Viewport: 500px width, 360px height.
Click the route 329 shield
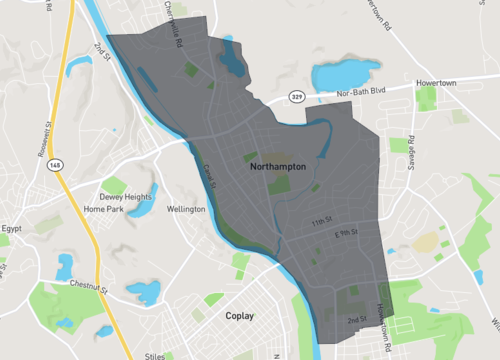click(297, 97)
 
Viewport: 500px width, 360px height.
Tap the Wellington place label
click(185, 209)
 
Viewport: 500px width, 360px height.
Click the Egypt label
click(10, 229)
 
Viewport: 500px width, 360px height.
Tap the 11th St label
click(319, 221)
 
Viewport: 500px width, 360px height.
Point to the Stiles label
click(153, 353)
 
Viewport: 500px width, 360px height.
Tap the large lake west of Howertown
click(345, 73)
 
